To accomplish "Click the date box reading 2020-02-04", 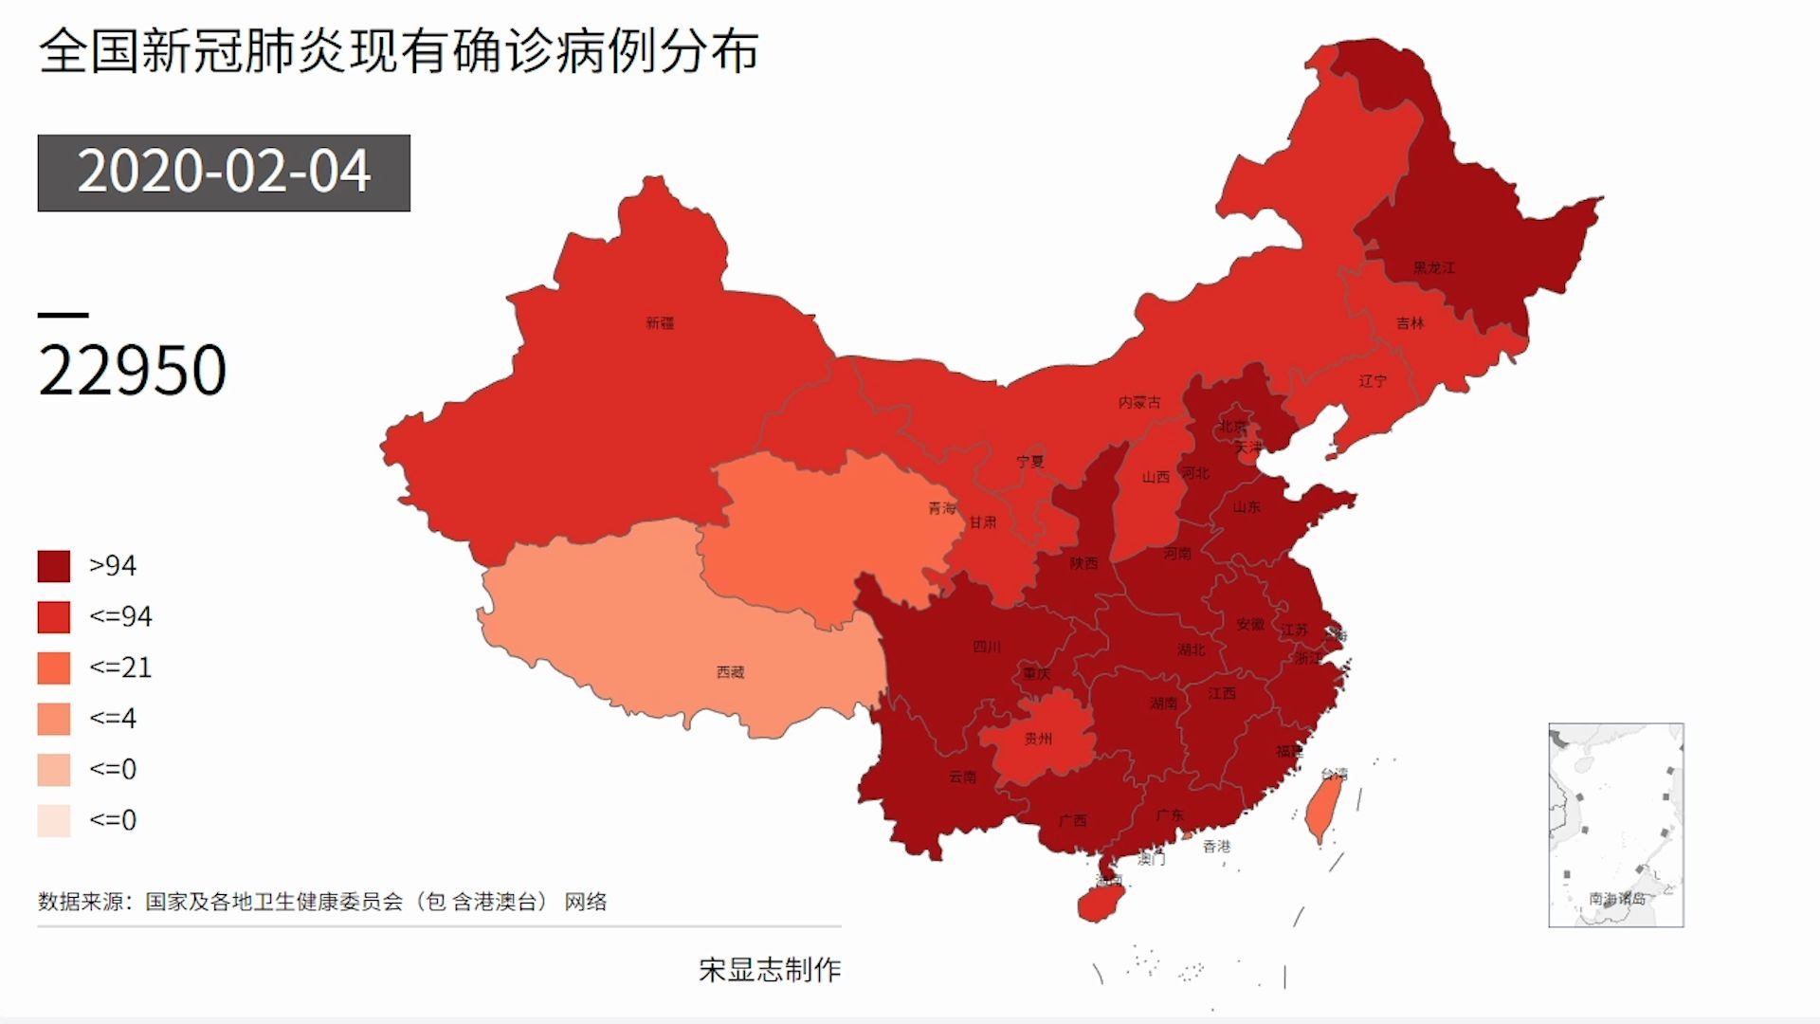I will coord(224,173).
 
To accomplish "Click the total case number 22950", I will coord(133,370).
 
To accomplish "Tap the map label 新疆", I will coord(660,323).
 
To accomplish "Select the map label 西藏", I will coord(730,672).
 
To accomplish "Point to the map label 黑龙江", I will coord(1433,268).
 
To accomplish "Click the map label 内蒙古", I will coord(1138,402).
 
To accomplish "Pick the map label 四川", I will coord(987,647).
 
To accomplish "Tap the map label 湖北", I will coord(1192,649).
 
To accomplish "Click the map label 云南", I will coord(962,777).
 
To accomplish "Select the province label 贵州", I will coord(1038,738).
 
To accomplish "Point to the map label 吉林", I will coord(1410,323).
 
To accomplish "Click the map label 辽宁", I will coord(1372,381).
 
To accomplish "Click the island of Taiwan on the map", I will coord(1323,806).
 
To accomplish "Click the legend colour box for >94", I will coord(54,566).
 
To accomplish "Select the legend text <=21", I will coord(120,667).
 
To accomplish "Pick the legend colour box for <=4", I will coord(54,719).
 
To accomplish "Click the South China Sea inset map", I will coord(1615,825).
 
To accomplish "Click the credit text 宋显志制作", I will coord(770,969).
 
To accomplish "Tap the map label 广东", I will coord(1170,814).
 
